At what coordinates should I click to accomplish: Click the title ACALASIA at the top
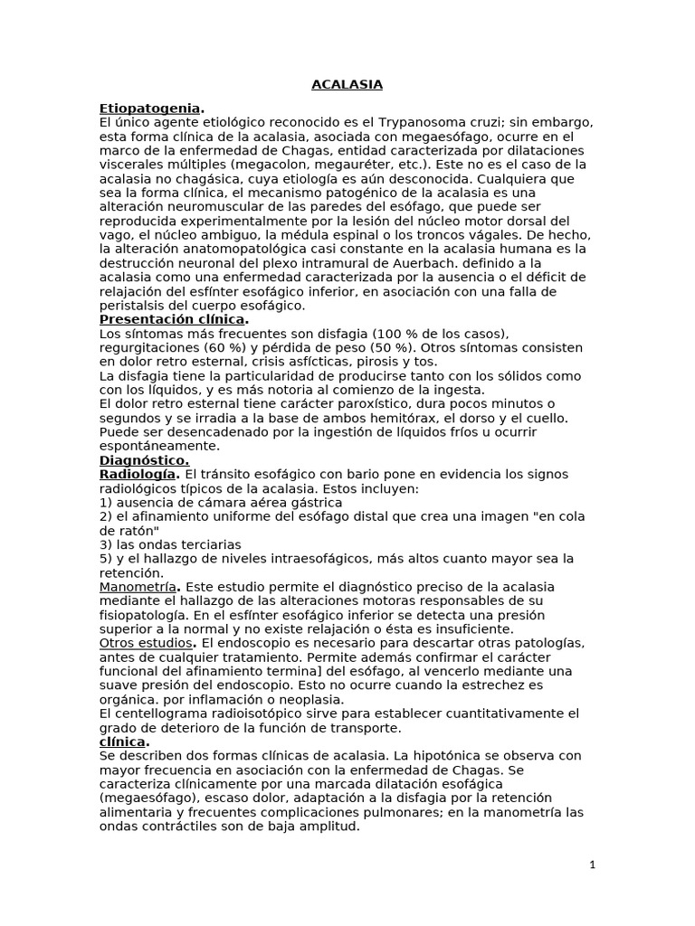[347, 85]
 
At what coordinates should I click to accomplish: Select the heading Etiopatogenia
[149, 109]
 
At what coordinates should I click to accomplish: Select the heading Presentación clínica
[172, 319]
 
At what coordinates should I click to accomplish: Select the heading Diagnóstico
[145, 459]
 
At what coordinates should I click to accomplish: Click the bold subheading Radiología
[138, 474]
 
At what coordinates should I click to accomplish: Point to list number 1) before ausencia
[106, 502]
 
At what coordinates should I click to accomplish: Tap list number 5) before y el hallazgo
[106, 559]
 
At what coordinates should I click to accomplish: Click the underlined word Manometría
[136, 587]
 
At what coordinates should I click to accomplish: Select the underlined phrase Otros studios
[145, 643]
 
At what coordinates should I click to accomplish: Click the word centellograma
[165, 713]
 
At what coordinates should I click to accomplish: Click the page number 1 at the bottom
[592, 865]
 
